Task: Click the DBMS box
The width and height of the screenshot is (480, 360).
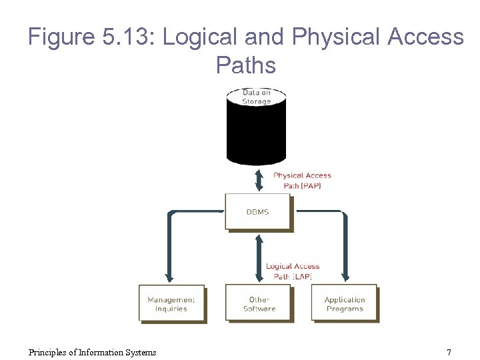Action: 257,211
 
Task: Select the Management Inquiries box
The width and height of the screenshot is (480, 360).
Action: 171,304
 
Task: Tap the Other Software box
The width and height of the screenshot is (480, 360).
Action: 259,304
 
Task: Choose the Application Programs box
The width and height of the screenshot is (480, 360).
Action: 344,304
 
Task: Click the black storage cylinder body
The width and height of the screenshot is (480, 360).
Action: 256,133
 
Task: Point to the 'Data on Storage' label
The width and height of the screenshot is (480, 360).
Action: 256,97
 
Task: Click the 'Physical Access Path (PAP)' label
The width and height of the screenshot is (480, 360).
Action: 302,181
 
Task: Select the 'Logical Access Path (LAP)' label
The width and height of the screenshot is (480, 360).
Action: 293,271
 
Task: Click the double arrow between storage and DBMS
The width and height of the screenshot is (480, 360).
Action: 258,179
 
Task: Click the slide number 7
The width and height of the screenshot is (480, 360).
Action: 449,352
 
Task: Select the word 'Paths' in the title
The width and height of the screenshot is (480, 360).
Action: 245,65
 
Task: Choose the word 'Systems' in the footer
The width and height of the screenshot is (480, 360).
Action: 140,352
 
